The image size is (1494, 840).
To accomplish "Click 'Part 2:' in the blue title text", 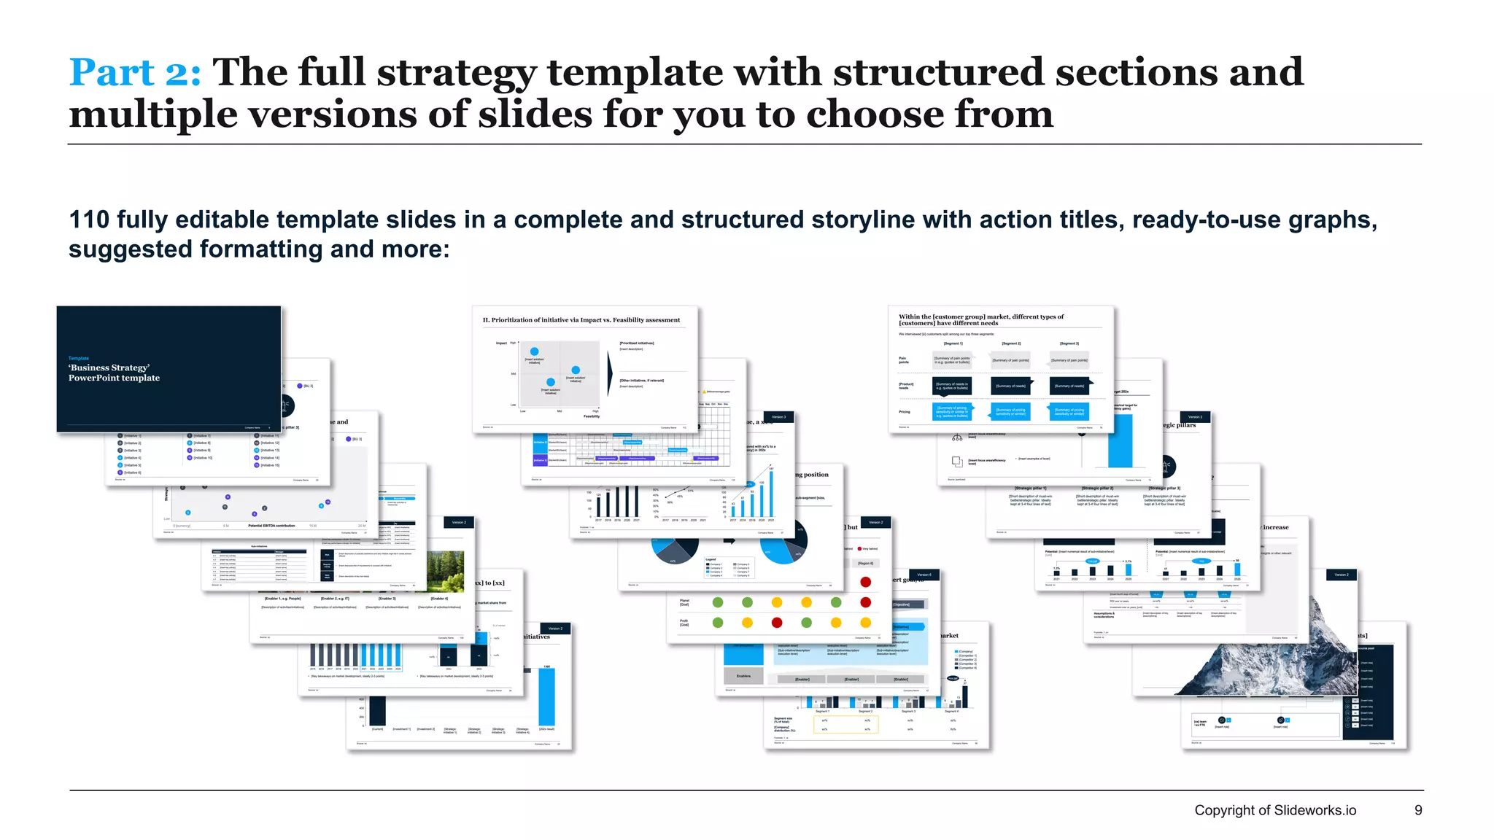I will (x=134, y=73).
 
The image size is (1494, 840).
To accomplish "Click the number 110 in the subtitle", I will (x=88, y=219).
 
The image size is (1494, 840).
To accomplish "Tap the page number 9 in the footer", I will (x=1418, y=810).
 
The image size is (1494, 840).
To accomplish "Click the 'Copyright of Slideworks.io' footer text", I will (x=1274, y=810).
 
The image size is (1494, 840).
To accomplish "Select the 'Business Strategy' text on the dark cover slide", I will (x=109, y=367).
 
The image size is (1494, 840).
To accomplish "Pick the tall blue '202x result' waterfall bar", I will (x=546, y=696).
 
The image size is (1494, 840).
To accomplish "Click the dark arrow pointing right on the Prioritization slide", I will (x=610, y=373).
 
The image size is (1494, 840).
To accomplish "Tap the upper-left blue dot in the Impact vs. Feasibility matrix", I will (x=534, y=351).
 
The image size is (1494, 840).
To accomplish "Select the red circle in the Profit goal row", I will (x=777, y=623).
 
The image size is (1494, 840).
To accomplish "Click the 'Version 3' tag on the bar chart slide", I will (x=778, y=417).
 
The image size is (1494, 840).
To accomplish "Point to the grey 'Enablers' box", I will (x=743, y=676).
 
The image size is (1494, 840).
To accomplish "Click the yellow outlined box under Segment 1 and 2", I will (x=845, y=724).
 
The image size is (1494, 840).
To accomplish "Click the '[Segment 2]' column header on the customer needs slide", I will (x=1011, y=343).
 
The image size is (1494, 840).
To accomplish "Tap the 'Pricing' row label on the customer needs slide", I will (x=904, y=412).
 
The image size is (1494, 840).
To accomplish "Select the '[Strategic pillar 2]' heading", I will (x=1097, y=489).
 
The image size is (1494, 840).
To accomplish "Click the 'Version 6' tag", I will (x=924, y=575).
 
